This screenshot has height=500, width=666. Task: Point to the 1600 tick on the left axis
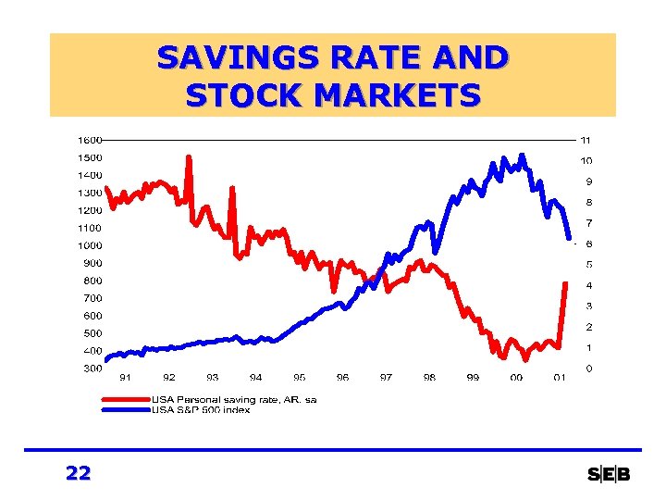90,140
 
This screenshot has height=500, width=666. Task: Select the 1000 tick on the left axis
90,245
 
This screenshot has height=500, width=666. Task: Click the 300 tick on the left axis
92,369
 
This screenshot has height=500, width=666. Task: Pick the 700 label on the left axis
92,298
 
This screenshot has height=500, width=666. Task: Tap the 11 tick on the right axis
586,140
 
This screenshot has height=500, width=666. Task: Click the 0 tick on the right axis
588,369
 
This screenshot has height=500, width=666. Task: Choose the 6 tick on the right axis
588,244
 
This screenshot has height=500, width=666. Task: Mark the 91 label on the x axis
126,378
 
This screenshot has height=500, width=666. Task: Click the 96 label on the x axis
343,378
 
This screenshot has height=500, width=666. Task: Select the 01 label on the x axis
560,378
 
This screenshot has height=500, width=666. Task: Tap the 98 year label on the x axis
429,378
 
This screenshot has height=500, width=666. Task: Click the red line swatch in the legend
126,399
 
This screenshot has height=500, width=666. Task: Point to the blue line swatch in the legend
126,408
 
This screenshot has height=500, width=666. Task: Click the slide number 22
79,474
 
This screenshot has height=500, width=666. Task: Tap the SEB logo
609,475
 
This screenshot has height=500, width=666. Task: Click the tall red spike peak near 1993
189,157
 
